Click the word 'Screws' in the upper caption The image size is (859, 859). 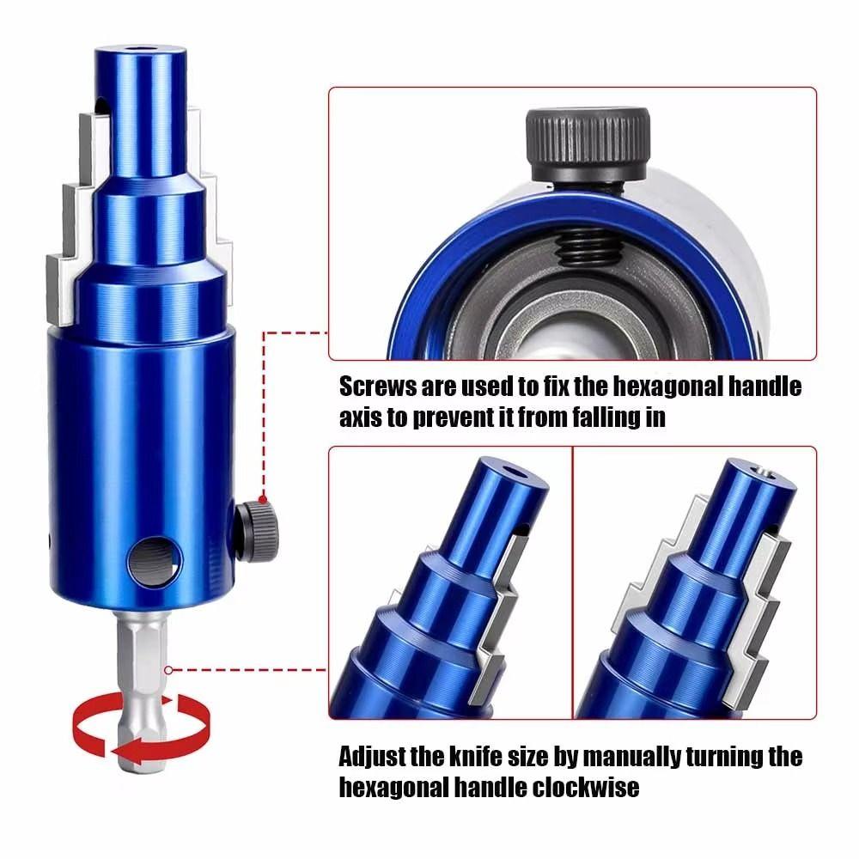(x=378, y=387)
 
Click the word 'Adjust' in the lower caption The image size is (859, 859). (x=376, y=757)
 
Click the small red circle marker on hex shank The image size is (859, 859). (x=169, y=669)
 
